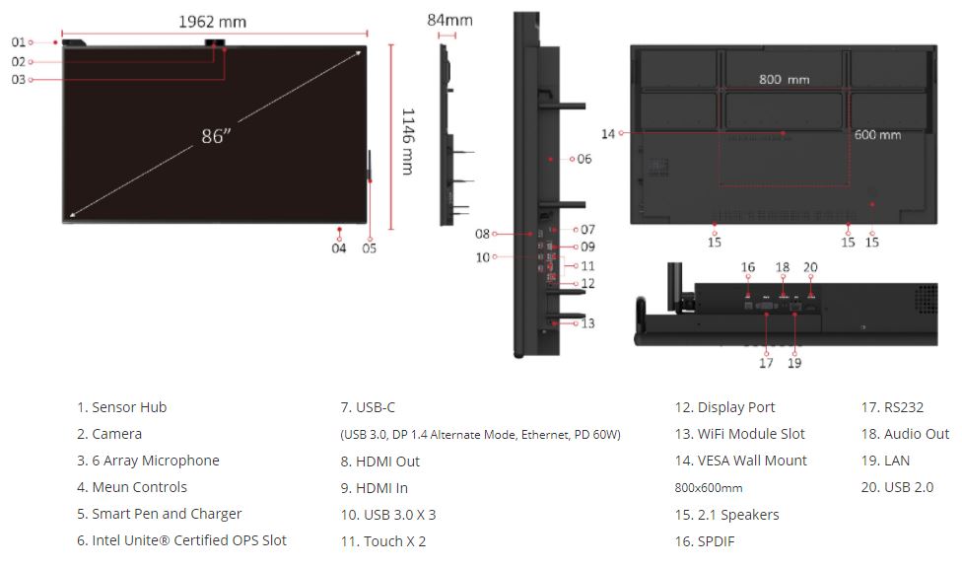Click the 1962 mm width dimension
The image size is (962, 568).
[212, 22]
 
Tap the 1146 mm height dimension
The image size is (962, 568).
[408, 142]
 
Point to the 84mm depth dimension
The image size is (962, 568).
[449, 21]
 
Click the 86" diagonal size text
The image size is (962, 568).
[216, 136]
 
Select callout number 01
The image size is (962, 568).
[19, 42]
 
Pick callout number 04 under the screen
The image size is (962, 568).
[339, 248]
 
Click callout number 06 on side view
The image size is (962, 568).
[584, 159]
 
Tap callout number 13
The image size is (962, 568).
[587, 323]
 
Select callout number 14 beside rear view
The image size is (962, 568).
[608, 134]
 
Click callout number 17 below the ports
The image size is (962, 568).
[766, 363]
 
